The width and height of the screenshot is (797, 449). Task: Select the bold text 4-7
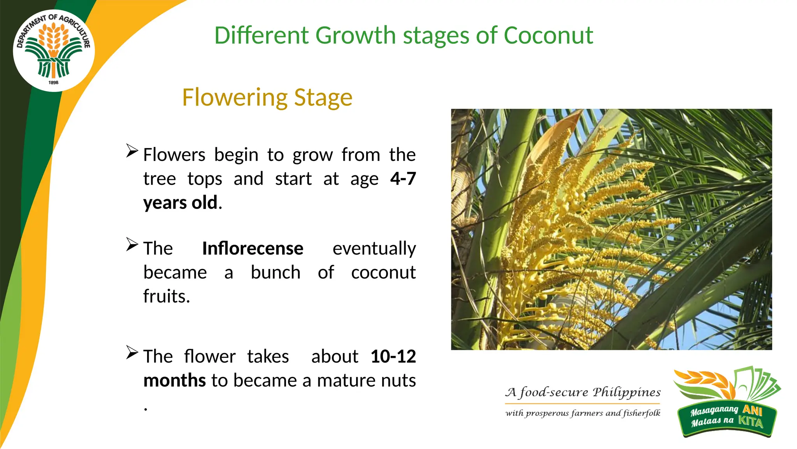403,179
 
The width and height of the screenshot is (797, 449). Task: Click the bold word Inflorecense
253,249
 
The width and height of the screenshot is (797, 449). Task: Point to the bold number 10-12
393,357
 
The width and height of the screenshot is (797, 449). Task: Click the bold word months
174,380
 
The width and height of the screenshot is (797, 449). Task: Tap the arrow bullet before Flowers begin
132,151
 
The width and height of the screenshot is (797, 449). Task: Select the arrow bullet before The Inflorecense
132,244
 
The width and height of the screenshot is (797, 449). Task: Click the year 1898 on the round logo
54,83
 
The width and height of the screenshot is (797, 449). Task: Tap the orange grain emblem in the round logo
54,39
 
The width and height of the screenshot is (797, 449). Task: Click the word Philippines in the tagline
627,392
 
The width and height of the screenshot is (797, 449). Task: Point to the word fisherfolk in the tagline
641,413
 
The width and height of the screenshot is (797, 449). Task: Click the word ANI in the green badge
752,410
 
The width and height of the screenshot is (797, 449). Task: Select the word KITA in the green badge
751,422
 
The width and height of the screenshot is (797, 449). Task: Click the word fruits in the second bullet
166,297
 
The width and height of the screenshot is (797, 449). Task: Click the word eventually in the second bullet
374,249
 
